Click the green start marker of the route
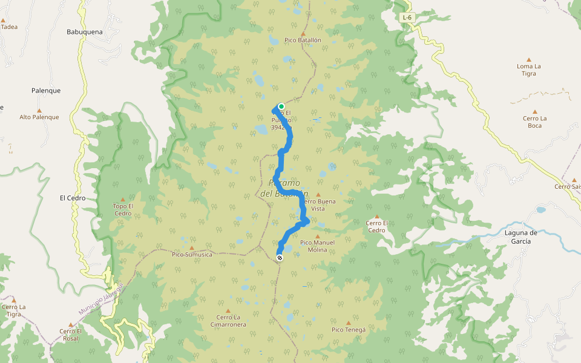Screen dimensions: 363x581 pos(281,106)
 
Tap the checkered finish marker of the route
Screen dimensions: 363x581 pos(280,258)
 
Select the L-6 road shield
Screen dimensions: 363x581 pos(408,18)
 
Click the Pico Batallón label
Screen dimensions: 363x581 pos(303,39)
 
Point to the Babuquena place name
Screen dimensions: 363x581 pos(85,31)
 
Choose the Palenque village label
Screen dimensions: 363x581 pos(46,91)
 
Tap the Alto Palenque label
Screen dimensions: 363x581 pos(39,117)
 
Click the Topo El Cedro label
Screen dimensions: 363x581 pos(122,209)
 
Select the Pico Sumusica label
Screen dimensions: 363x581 pos(192,255)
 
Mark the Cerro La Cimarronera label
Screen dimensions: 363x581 pos(228,321)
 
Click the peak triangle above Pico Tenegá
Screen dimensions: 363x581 pos(348,322)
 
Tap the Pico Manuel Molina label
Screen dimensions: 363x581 pos(317,246)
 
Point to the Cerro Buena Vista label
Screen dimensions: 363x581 pos(318,204)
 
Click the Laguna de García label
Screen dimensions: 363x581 pos(516,237)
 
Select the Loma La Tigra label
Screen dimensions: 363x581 pos(528,70)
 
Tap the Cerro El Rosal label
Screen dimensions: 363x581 pos(70,334)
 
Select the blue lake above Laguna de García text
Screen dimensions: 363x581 pos(540,211)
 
